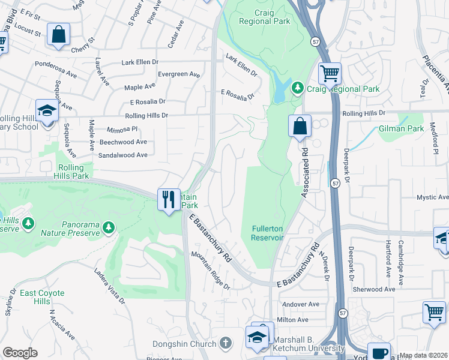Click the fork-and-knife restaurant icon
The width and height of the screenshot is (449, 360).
coord(168,199)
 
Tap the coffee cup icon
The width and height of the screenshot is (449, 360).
coord(378,352)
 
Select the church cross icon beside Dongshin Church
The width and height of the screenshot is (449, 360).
coord(225,343)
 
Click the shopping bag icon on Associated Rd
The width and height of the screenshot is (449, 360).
coord(300,126)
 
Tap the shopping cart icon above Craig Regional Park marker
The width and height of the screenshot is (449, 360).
coord(330,74)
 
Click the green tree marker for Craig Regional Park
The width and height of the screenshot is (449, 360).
coord(297,89)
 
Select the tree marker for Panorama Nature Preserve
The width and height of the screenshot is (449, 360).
coord(108,227)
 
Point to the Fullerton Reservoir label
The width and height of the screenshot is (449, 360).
coord(263,233)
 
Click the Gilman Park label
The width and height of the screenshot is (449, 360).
coord(401,129)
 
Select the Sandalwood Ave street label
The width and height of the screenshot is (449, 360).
coord(123,155)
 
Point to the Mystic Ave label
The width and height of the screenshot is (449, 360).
coord(432,197)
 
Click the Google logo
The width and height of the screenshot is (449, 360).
coord(20,353)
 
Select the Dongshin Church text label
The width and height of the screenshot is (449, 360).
coord(184,344)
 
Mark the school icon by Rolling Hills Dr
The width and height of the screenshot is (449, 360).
coord(47,110)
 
